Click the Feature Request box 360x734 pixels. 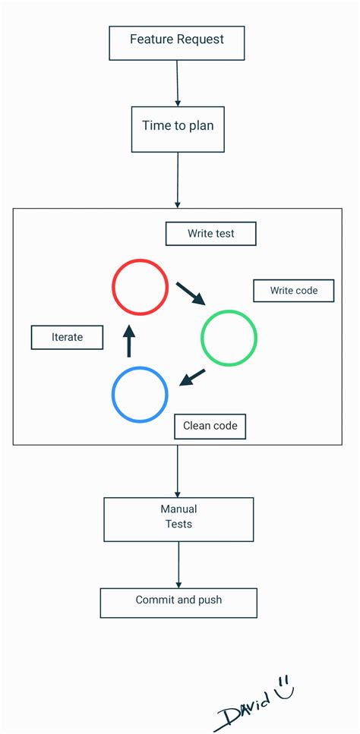pos(177,43)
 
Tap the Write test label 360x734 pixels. pos(211,234)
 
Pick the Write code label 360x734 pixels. pos(292,291)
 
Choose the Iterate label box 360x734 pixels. pos(67,337)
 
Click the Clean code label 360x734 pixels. pos(210,426)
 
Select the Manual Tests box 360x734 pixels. pos(178,519)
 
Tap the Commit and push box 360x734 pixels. pos(178,602)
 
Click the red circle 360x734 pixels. pos(140,287)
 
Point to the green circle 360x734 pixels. pos(229,338)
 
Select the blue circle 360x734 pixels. pos(140,395)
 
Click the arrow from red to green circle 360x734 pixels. pos(191,293)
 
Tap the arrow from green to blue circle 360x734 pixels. pos(192,377)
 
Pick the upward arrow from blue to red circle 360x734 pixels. pos(129,341)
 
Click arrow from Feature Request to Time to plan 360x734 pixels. pos(178,83)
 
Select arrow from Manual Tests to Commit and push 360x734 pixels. pos(178,564)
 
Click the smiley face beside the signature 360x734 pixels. pos(284,687)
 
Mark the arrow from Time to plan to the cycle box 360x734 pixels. pos(178,179)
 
